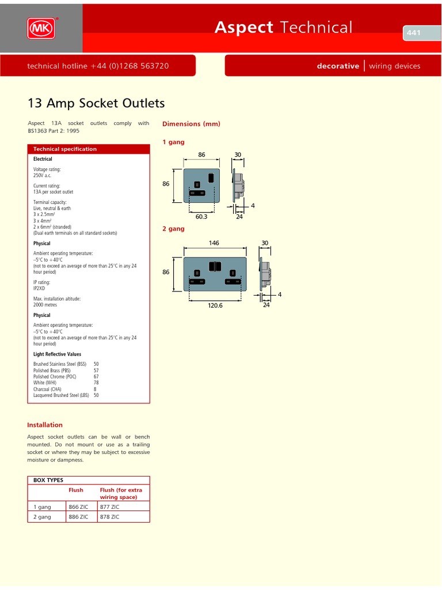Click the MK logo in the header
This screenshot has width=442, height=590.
pos(41,28)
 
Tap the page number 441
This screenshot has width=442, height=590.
pos(414,33)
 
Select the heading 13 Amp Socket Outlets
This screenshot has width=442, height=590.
pos(96,103)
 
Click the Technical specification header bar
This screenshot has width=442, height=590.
pos(89,149)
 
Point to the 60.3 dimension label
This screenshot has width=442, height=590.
pos(200,217)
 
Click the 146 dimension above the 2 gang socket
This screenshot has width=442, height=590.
pos(215,243)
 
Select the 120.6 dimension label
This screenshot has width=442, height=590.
pos(215,305)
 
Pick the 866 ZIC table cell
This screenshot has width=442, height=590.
pos(78,506)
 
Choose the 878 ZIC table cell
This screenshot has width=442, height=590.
pos(109,517)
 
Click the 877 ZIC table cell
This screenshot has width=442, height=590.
pos(109,506)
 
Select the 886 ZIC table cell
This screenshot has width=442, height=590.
pos(78,517)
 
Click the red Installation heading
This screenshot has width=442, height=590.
pos(45,425)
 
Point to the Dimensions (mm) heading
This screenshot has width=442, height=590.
pos(191,124)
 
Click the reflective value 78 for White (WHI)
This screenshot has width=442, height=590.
pos(96,383)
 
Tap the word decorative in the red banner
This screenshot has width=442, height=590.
pos(338,66)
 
